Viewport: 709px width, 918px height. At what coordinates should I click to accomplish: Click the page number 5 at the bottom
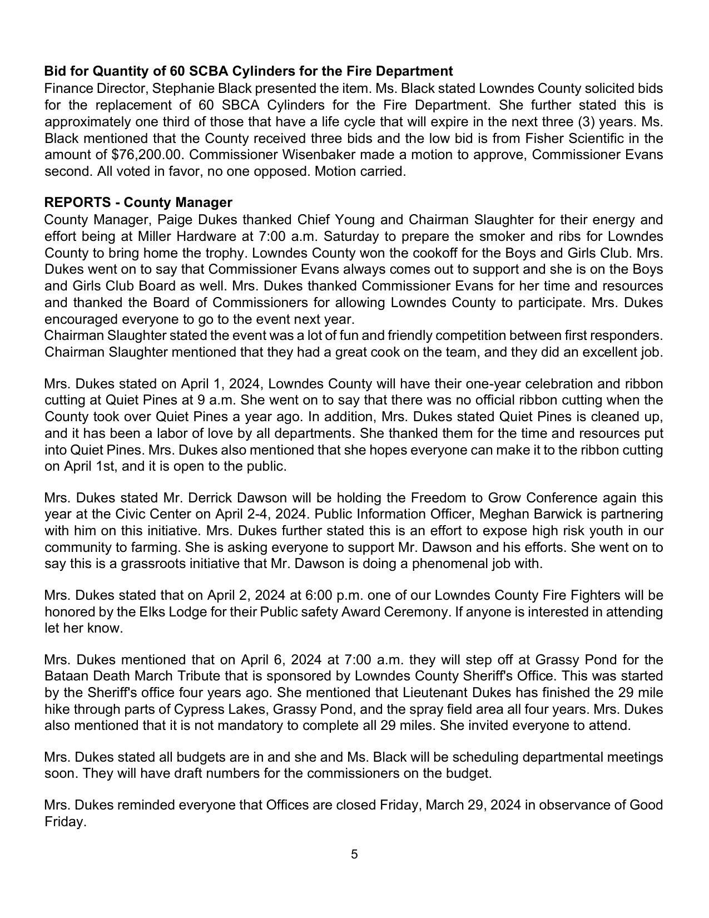(x=354, y=854)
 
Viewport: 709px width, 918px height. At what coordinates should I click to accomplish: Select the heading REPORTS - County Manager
(x=138, y=202)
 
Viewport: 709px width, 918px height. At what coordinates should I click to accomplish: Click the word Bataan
(x=67, y=676)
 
